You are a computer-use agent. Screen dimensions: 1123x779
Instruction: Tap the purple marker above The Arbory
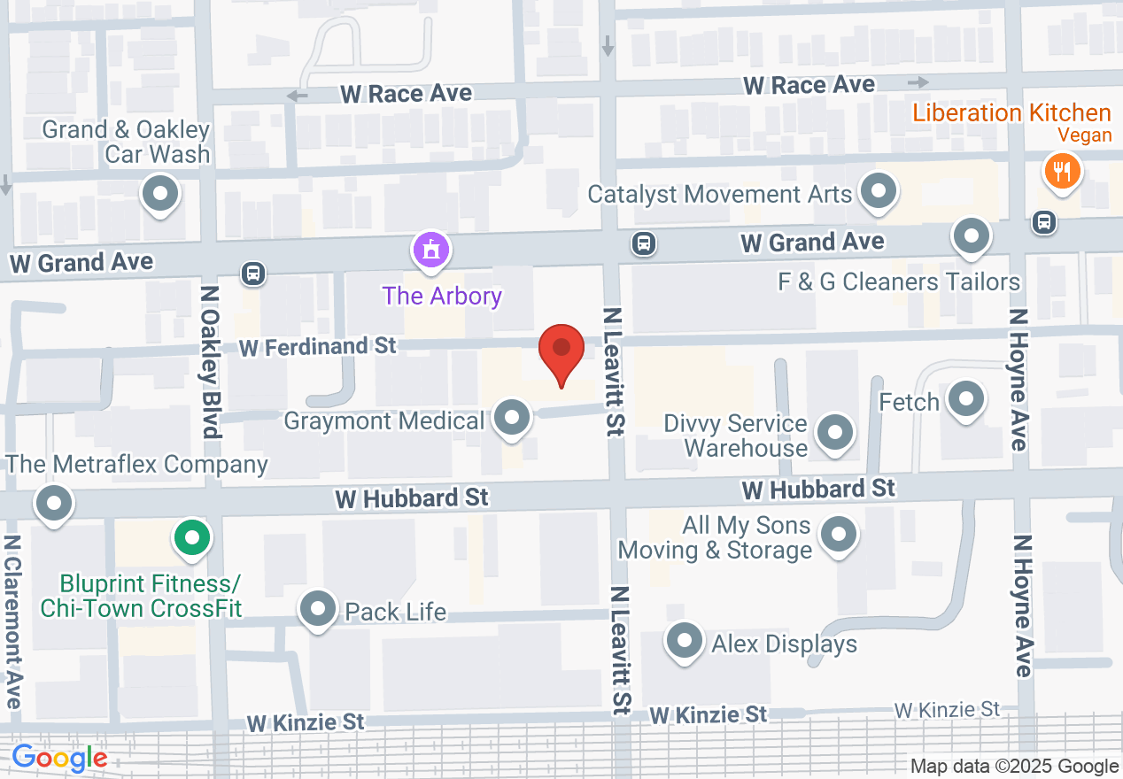pos(431,251)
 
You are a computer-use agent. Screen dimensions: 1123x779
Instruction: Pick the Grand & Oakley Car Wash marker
pos(161,193)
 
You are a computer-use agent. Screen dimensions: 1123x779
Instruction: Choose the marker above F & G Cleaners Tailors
pos(972,236)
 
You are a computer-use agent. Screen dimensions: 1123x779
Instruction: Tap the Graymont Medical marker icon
pos(511,418)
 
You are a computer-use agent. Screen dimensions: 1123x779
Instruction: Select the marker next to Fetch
pos(966,399)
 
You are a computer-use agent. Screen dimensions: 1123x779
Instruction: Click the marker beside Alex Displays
pos(684,642)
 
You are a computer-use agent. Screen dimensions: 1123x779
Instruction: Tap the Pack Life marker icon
pos(317,609)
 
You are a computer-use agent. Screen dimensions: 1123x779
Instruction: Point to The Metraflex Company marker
pos(54,504)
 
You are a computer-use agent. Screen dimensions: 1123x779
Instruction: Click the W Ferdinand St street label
pos(318,346)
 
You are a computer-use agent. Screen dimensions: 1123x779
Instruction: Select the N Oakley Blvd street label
pos(210,360)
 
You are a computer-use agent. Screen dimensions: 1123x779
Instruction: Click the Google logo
pos(59,759)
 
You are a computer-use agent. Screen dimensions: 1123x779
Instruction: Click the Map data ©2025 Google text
pos(1014,767)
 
